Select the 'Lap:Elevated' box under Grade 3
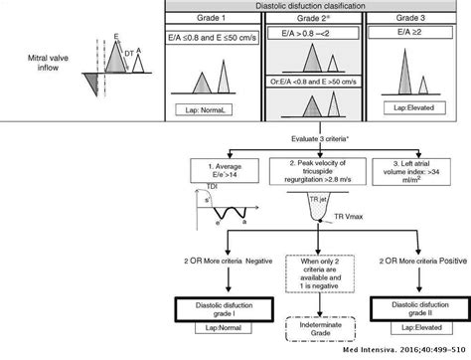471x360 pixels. pos(409,103)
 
